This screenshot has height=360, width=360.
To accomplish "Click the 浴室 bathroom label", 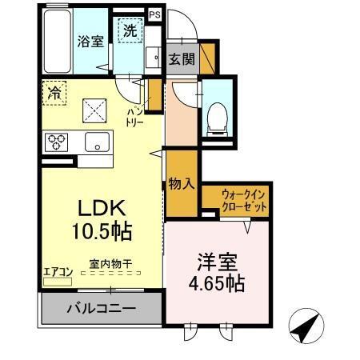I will (90, 42).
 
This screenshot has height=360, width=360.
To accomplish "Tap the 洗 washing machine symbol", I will (130, 31).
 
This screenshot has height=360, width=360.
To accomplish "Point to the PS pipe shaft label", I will (155, 14).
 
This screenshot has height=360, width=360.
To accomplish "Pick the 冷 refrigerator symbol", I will (54, 91).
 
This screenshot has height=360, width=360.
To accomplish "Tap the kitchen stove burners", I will (56, 142).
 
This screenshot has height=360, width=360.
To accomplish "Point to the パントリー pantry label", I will (136, 117).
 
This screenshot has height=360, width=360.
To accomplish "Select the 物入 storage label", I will (182, 183).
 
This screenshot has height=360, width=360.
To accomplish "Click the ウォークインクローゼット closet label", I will (245, 200).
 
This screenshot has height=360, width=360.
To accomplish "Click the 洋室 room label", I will (217, 262).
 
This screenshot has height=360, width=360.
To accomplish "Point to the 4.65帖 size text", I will (217, 284).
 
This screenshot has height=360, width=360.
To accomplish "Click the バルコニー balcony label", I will (100, 308).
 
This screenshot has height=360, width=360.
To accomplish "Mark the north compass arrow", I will (306, 327).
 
